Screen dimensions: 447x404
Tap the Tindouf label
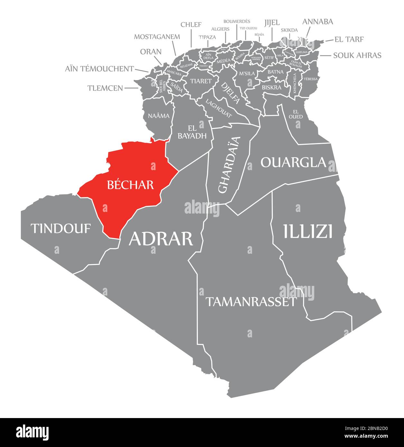click(x=60, y=228)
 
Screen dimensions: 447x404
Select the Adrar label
click(x=161, y=239)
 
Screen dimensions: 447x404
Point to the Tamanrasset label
click(x=251, y=302)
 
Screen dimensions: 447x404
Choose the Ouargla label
click(x=293, y=162)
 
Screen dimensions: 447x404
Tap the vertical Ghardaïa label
click(x=229, y=165)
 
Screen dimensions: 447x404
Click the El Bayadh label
click(x=192, y=131)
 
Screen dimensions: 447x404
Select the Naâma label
click(x=159, y=116)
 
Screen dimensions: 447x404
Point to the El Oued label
click(x=296, y=114)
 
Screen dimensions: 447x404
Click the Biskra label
click(x=271, y=87)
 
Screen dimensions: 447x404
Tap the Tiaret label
click(x=201, y=81)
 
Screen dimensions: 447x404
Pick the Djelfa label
click(x=230, y=93)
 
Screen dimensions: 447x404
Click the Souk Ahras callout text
click(x=357, y=55)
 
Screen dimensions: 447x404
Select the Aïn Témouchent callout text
click(x=99, y=68)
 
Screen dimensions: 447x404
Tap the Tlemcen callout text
click(x=105, y=88)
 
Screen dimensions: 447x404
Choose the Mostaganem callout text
click(x=157, y=37)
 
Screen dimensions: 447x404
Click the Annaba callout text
click(x=317, y=22)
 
